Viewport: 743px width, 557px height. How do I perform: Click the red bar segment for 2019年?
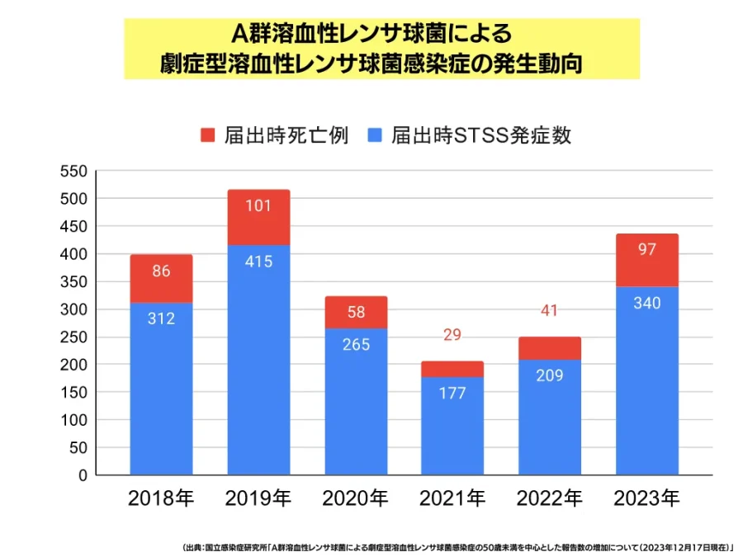[258, 218]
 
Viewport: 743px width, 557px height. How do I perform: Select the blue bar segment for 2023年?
[647, 380]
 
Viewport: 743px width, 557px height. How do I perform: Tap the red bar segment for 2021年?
[452, 369]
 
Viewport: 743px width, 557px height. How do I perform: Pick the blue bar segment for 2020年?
[356, 402]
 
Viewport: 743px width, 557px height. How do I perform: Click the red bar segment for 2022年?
[550, 348]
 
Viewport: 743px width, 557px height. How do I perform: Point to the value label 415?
[258, 262]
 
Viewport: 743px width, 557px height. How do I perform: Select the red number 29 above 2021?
[452, 335]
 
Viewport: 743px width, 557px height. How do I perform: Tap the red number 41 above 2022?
[550, 311]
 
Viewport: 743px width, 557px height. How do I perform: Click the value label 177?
[452, 393]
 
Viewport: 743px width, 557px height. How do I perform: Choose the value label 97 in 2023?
[647, 249]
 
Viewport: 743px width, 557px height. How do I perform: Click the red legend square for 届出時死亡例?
[207, 135]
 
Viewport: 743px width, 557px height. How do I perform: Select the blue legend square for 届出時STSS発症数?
[375, 135]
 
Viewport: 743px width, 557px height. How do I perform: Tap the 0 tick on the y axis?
[83, 476]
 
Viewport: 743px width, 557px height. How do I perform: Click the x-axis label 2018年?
[161, 498]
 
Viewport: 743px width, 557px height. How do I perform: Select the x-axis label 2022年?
[550, 498]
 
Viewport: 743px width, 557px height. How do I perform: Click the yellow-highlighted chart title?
[381, 49]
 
